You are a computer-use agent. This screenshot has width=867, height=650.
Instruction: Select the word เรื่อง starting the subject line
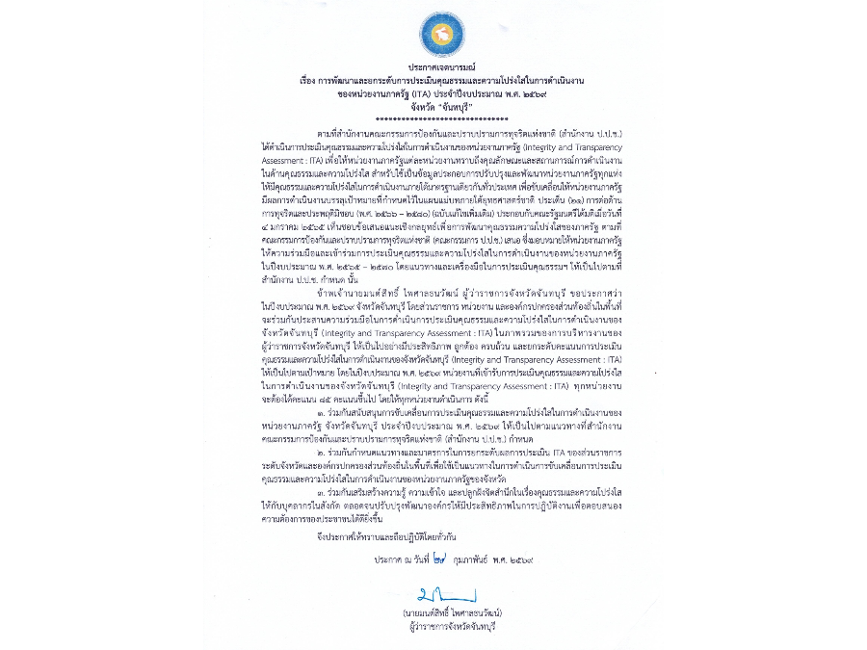tap(309, 81)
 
